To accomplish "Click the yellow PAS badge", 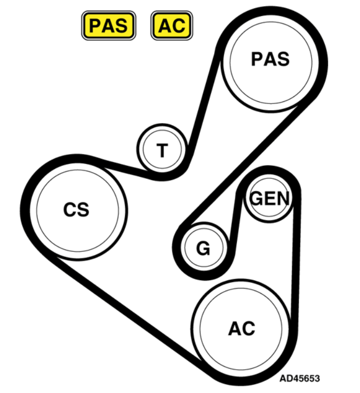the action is coord(109,25).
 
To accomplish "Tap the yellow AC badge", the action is coord(172,25).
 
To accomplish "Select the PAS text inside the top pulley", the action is coord(270,59).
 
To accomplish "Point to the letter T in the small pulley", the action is coord(162,150).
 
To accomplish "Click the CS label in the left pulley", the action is coord(76,209).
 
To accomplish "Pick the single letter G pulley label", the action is coord(203,248).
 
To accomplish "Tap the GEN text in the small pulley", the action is coord(270,199).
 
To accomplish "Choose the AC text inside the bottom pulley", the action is coord(242,328).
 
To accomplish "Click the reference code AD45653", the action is coord(299,379).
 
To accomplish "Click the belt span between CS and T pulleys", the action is coord(123,169).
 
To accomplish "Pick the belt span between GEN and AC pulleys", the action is coord(296,258).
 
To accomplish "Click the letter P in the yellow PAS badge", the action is coord(95,25).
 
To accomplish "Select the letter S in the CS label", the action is coord(83,209).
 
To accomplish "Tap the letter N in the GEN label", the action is coord(283,199).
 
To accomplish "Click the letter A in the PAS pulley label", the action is coord(271,59).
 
